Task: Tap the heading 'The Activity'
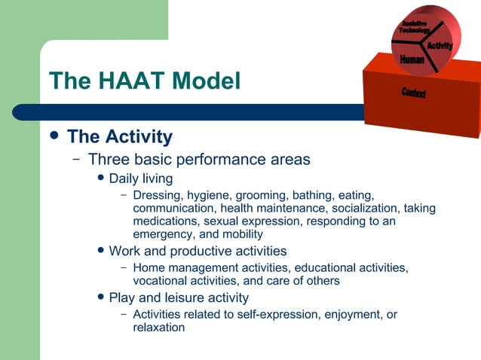click(119, 137)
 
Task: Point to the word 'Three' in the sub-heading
click(110, 160)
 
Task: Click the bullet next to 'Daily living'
click(100, 178)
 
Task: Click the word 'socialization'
click(365, 209)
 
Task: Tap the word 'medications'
click(166, 221)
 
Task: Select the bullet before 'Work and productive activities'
click(100, 251)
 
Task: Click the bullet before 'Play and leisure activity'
click(100, 297)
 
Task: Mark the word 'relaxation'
click(159, 328)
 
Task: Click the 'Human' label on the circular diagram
click(412, 59)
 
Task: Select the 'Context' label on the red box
click(413, 93)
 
